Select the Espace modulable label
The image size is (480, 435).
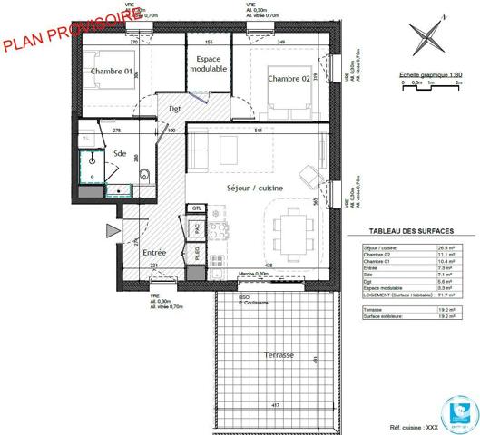(208, 63)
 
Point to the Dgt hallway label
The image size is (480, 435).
(176, 109)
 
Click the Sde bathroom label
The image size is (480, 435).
(119, 154)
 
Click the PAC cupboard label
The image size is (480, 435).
(197, 231)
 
